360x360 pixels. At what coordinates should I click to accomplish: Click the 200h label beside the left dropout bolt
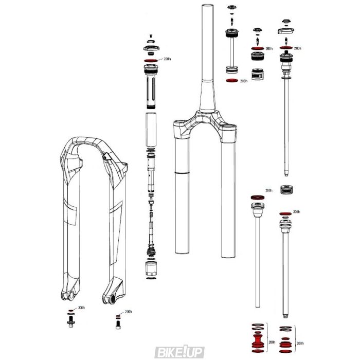pos(81,308)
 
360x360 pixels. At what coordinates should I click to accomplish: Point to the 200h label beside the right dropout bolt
pos(128,312)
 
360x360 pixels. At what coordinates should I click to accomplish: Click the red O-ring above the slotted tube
pos(151,61)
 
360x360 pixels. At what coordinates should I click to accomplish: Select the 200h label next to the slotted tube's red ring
pos(166,59)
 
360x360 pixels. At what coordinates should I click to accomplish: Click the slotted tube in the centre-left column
pos(151,87)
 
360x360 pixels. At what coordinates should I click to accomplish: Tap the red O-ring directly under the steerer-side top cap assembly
pos(232,81)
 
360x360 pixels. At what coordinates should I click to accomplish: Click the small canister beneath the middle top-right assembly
pos(257,74)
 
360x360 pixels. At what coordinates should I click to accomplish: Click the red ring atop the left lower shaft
pos(255,197)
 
